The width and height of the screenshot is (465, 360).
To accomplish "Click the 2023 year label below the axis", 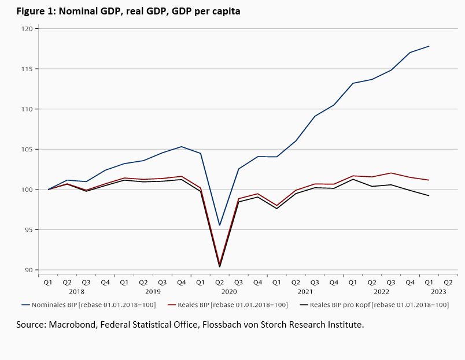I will (438, 292).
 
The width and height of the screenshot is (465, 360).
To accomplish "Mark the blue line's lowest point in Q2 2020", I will (219, 225).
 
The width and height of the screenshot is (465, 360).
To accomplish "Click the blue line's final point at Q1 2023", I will (429, 46).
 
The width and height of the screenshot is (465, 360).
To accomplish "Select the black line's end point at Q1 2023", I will (429, 196).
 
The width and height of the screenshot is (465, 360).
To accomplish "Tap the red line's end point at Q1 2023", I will (429, 180).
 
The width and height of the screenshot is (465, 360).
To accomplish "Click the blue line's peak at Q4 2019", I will (182, 146).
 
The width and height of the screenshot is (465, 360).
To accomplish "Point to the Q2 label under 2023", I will (448, 283).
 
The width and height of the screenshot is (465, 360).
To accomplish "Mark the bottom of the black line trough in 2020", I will (219, 267).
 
